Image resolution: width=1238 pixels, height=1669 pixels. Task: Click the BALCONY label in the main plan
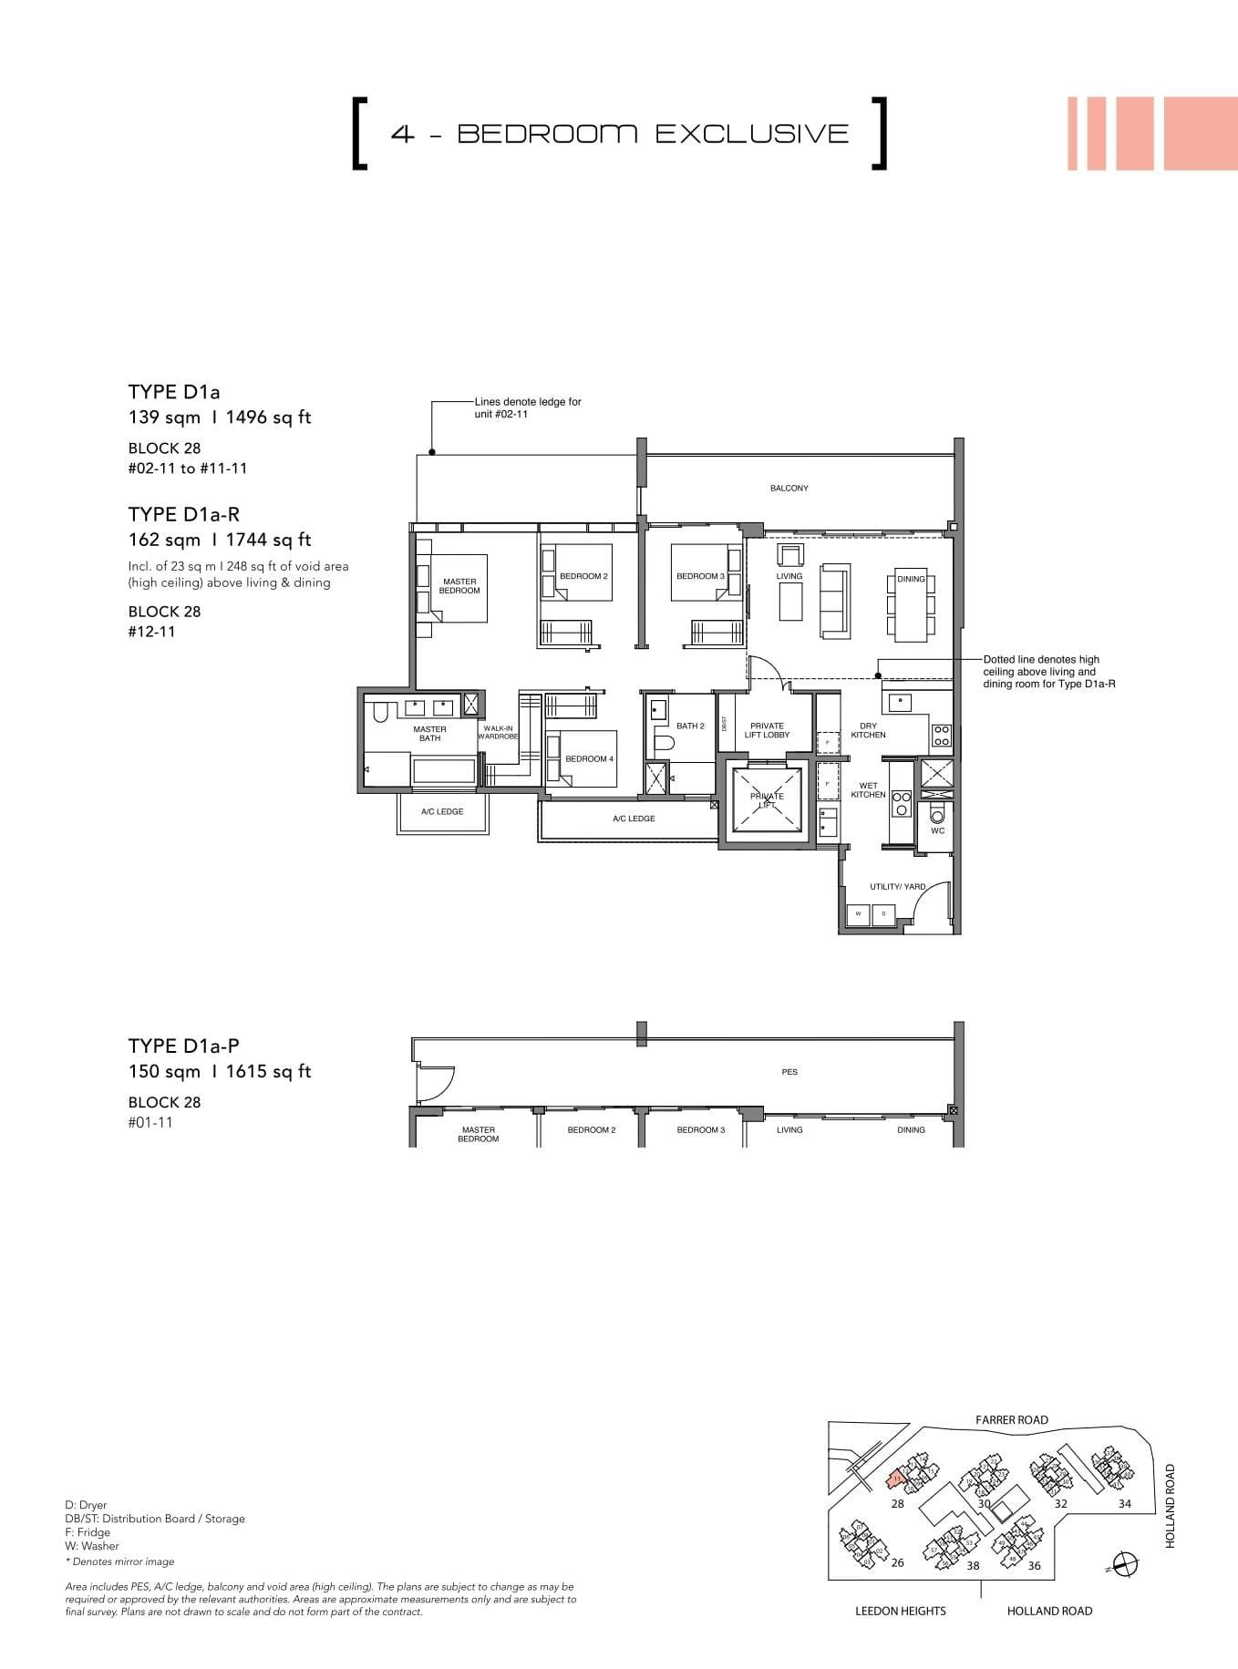point(789,489)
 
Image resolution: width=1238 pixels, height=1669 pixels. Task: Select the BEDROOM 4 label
point(589,759)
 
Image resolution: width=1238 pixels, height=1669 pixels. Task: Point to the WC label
point(937,831)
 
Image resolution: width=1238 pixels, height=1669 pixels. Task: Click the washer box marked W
point(858,914)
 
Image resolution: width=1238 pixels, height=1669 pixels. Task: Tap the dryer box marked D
point(882,914)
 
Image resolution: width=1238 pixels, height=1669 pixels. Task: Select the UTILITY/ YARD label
point(897,887)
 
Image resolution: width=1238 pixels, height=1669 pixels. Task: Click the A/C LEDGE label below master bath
point(442,811)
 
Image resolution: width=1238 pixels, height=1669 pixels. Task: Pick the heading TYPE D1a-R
point(183,514)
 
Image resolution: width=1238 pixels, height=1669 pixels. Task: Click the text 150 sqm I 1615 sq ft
point(219,1072)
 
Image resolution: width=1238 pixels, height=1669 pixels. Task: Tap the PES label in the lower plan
point(789,1072)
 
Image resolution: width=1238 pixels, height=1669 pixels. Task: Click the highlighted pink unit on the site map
point(896,1478)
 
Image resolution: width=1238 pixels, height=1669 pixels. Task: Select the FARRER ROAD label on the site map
point(1011,1420)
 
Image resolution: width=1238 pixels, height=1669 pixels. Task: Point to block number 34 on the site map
point(1124,1504)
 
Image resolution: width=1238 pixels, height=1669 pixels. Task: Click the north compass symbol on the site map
point(1126,1564)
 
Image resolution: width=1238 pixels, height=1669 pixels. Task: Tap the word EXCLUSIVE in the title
point(752,134)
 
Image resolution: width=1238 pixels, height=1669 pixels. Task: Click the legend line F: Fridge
point(88,1532)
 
